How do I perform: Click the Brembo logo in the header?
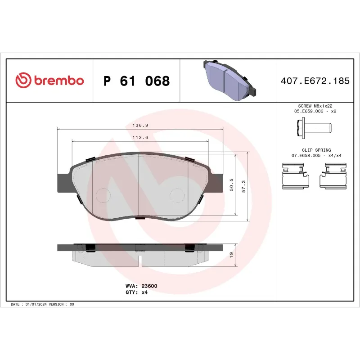coord(49,81)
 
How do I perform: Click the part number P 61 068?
coord(136,81)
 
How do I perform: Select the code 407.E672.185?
coord(315,81)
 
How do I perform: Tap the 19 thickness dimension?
coord(231,255)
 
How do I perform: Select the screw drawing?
coord(315,129)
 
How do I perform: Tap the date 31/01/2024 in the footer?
coord(35,304)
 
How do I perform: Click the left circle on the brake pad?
coord(103,194)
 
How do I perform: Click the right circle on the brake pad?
coord(177,194)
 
